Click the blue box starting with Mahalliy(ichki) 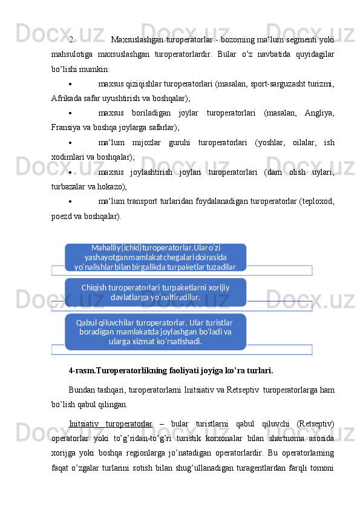coord(155,257)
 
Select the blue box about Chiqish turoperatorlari coord(155,292)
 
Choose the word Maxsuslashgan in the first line coord(136,41)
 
